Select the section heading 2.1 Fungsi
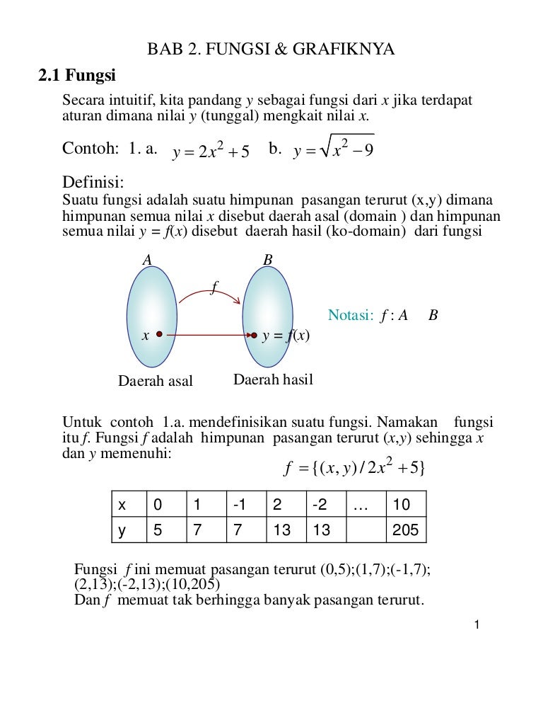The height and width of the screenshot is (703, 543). click(77, 74)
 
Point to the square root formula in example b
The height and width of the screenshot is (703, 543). click(332, 149)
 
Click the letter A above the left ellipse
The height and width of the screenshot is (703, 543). click(147, 260)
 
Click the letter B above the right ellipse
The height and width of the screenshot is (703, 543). click(267, 260)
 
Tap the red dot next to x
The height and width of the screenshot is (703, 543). click(160, 334)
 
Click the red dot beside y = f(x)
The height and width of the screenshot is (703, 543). click(254, 336)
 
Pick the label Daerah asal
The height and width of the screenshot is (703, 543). click(155, 381)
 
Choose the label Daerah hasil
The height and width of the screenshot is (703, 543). click(273, 380)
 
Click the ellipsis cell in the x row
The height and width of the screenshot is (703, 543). click(363, 505)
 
